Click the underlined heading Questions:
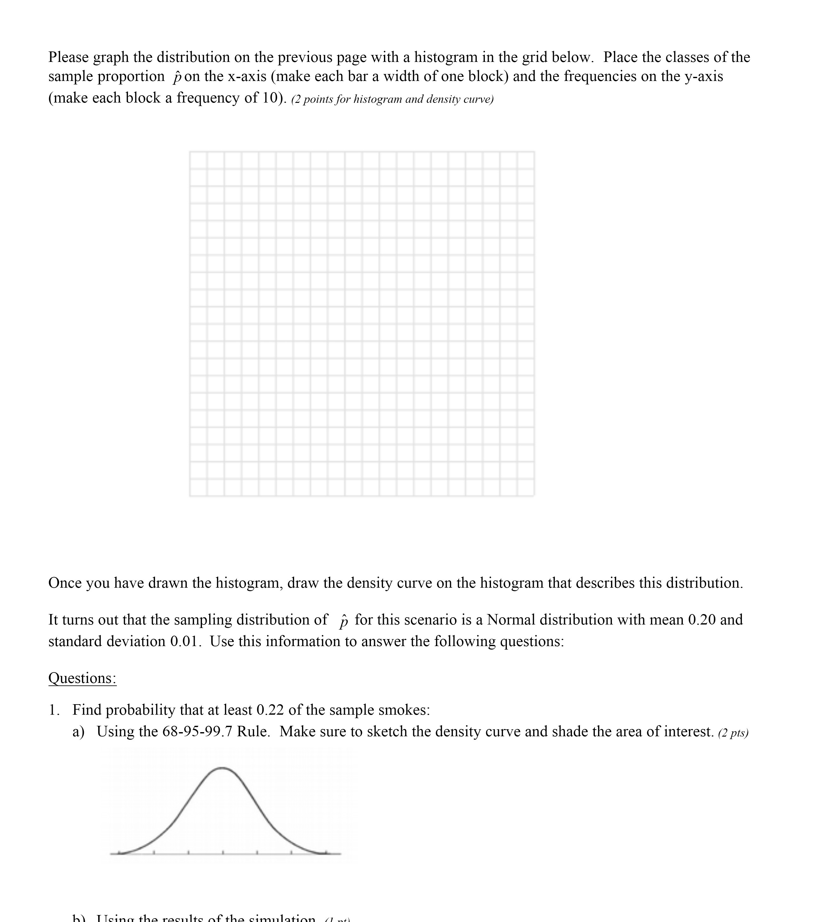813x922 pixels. [82, 678]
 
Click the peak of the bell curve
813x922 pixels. [222, 768]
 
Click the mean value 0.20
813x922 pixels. [702, 620]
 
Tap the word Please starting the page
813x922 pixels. [69, 57]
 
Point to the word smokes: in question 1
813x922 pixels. [404, 710]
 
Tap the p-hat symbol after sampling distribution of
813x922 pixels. [343, 621]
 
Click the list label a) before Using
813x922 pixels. [78, 732]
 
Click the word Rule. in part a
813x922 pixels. [253, 731]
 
